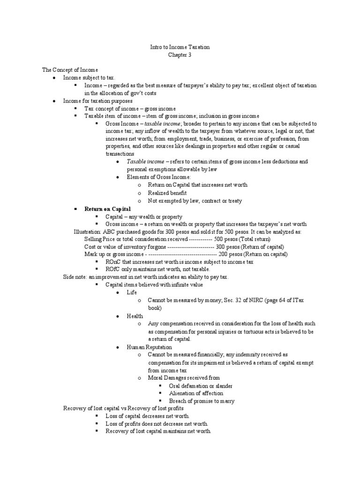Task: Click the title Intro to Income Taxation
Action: click(180, 47)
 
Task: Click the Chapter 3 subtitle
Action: click(180, 55)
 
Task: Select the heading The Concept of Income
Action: click(70, 70)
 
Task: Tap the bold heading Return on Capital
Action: click(107, 209)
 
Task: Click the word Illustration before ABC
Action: click(87, 232)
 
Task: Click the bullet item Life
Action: click(131, 292)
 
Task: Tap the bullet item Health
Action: click(135, 316)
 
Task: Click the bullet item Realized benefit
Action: click(167, 193)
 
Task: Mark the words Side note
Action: click(75, 277)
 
